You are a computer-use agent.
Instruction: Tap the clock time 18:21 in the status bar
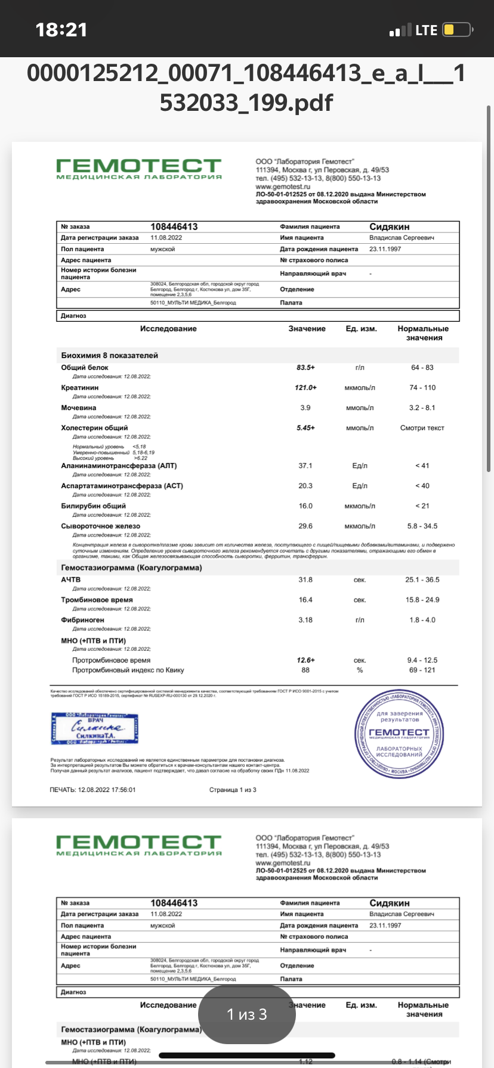pyautogui.click(x=61, y=30)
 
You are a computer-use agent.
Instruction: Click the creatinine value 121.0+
pyautogui.click(x=305, y=388)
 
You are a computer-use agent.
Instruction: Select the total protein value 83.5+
pyautogui.click(x=305, y=368)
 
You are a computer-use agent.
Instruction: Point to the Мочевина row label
pyautogui.click(x=78, y=408)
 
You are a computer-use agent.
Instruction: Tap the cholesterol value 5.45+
pyautogui.click(x=305, y=428)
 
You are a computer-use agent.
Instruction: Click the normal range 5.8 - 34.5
pyautogui.click(x=422, y=526)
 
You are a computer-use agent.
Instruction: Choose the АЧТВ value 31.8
pyautogui.click(x=305, y=580)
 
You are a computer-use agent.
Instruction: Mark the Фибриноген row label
pyautogui.click(x=82, y=620)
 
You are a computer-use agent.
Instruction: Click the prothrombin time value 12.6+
pyautogui.click(x=305, y=660)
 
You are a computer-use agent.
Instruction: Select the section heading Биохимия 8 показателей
pyautogui.click(x=109, y=356)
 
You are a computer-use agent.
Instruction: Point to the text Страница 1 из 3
pyautogui.click(x=233, y=790)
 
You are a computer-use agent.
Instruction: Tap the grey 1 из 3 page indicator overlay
pyautogui.click(x=246, y=1014)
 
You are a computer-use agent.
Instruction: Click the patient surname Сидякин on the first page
pyautogui.click(x=389, y=227)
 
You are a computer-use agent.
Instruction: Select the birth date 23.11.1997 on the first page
pyautogui.click(x=385, y=249)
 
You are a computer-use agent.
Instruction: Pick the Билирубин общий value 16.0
pyautogui.click(x=305, y=506)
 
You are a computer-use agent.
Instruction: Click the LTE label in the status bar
pyautogui.click(x=426, y=30)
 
